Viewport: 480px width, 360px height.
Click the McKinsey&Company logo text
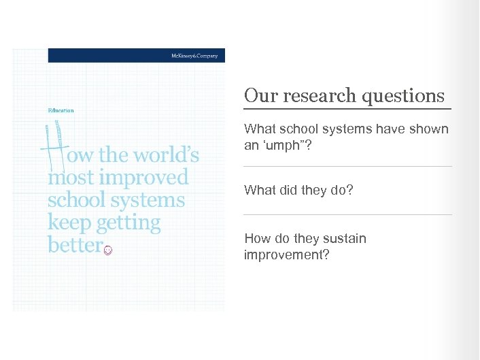coord(194,56)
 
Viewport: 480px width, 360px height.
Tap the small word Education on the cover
coord(61,110)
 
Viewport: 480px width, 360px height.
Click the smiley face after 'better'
coord(108,250)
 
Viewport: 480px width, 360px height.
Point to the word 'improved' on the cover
coord(143,178)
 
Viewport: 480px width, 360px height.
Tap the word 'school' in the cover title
coord(77,200)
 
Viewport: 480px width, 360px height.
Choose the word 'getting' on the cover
coord(129,223)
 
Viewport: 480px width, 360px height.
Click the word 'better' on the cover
coord(74,245)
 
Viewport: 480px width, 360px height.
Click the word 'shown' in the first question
coord(431,129)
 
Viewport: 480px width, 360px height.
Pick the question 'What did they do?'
coord(298,190)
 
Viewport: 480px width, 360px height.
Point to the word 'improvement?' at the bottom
coord(286,255)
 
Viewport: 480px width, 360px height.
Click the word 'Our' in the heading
coord(258,96)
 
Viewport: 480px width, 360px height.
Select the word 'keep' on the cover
coord(69,223)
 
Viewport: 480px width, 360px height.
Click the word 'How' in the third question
coord(256,239)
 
